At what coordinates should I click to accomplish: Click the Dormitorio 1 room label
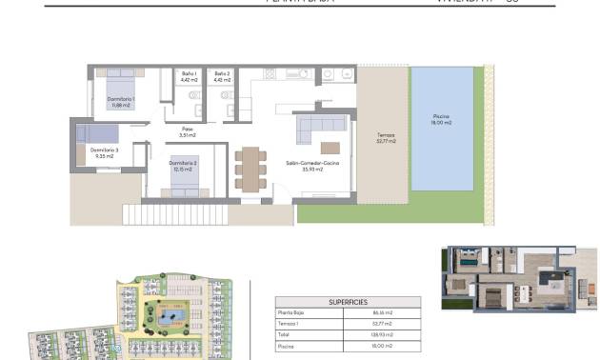point(120,102)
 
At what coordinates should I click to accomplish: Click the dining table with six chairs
point(250,168)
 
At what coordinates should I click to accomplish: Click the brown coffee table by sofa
point(330,147)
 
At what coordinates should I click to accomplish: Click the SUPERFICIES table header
point(348,302)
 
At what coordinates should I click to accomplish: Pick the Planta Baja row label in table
point(290,312)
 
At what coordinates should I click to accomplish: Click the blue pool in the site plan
point(173,316)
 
